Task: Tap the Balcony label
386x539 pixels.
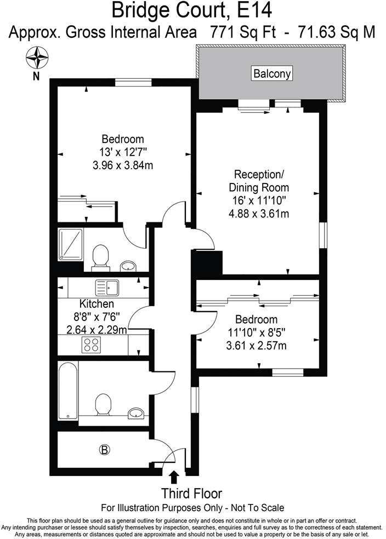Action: click(x=271, y=73)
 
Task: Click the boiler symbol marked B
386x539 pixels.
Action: click(x=104, y=450)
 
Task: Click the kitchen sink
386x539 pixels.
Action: click(x=107, y=286)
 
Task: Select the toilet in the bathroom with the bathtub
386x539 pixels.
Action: click(x=103, y=405)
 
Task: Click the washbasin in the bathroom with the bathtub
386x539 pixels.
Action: click(x=135, y=413)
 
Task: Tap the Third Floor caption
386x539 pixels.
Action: click(x=191, y=493)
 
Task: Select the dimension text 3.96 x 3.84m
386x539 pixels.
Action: click(x=123, y=163)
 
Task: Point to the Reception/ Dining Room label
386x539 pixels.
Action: click(x=259, y=181)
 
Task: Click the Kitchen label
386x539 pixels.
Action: click(x=97, y=304)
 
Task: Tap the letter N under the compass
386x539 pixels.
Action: click(x=36, y=76)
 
